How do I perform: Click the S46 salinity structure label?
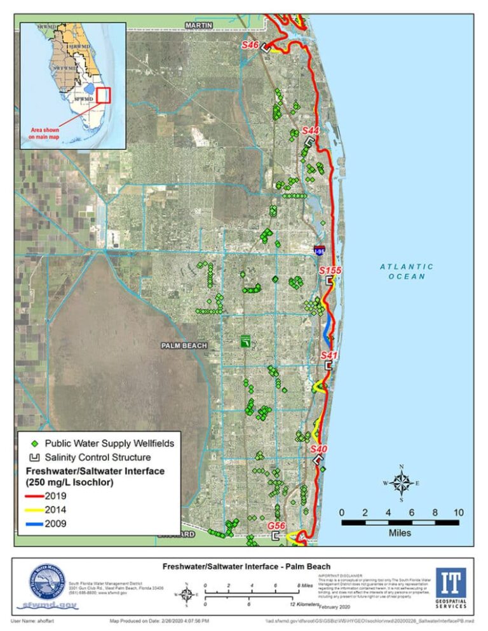tap(250, 46)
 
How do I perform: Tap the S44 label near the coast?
tap(310, 130)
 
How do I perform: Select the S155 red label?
tap(330, 270)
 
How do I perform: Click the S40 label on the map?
tap(319, 449)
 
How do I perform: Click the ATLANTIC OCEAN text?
tap(407, 272)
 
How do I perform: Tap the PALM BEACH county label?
tap(184, 345)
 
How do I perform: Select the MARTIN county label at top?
tap(200, 25)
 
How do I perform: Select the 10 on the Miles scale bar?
tap(459, 512)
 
